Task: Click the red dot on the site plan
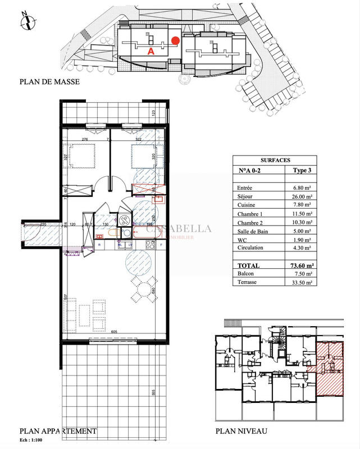coord(176,40)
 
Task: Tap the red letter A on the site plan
coord(151,51)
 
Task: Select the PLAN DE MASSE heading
coord(49,82)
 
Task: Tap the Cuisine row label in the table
coord(249,207)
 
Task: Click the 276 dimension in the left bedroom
coord(85,139)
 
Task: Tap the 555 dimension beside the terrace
coord(168,393)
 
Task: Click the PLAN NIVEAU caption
coord(241,431)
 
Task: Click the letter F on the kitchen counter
coord(161,245)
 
